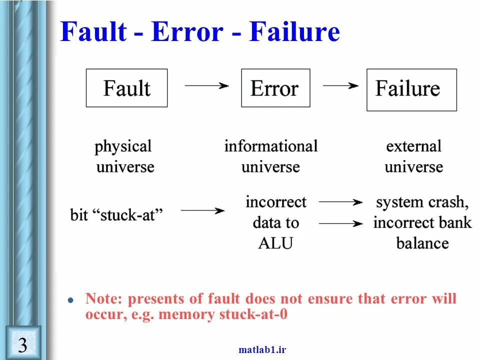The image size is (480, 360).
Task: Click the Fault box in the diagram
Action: click(x=126, y=88)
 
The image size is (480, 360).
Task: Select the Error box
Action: click(x=275, y=88)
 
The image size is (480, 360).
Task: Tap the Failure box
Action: click(x=411, y=89)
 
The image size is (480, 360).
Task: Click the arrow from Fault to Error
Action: click(x=206, y=85)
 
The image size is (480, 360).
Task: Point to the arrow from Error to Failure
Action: click(x=340, y=85)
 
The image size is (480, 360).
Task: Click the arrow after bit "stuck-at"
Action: click(x=202, y=211)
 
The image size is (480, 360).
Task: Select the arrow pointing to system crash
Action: click(x=340, y=202)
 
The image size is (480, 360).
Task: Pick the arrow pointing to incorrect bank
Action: click(x=340, y=223)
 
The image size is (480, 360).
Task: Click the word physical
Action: click(x=123, y=146)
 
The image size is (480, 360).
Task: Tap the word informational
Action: click(x=270, y=146)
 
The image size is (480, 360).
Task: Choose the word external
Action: click(x=413, y=146)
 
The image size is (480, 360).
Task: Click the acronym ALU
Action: click(x=275, y=243)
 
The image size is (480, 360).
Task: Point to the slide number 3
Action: click(x=22, y=344)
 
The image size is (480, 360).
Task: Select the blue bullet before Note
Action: click(x=71, y=300)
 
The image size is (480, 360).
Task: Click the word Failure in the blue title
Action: click(x=295, y=32)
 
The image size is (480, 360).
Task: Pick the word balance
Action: click(x=422, y=243)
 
